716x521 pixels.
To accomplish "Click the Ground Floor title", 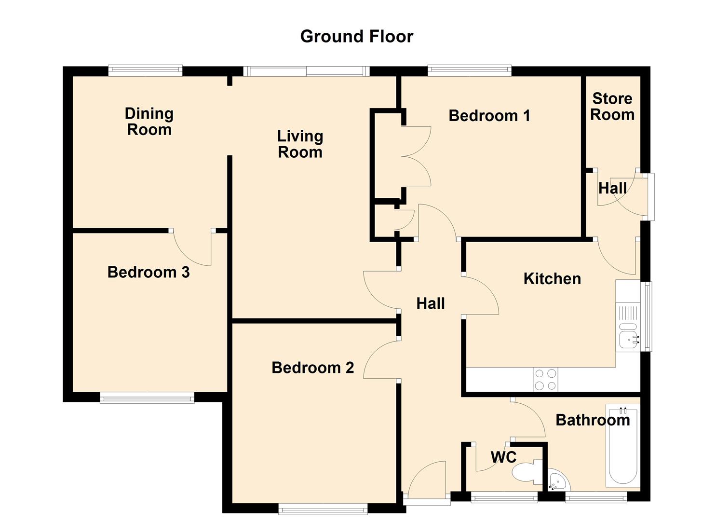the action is (x=357, y=37).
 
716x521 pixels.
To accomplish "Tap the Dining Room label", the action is (x=149, y=122).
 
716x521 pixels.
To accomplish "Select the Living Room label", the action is (x=300, y=144).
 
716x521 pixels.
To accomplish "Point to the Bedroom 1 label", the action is (x=489, y=115).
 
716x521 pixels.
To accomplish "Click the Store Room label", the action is (x=612, y=107).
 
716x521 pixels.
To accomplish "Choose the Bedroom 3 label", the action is (x=149, y=272).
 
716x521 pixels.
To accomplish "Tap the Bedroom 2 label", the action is (x=313, y=368).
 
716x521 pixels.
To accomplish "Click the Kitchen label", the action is (x=552, y=279).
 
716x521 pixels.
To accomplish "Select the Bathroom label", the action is (x=593, y=420).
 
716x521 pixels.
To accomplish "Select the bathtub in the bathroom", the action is (x=623, y=446).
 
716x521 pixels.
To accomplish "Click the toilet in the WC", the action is (x=527, y=473).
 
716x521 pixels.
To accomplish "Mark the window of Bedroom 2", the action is (x=323, y=508).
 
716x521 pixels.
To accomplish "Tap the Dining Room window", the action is (x=145, y=71).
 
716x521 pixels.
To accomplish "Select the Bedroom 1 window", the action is (x=469, y=71).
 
